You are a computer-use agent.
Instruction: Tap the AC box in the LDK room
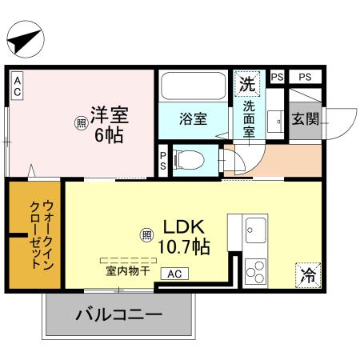point(174,273)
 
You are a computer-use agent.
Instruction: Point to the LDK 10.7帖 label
point(186,234)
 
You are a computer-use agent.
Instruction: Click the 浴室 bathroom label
point(194,120)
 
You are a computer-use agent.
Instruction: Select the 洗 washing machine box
point(249,82)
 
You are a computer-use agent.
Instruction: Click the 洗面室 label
point(250,118)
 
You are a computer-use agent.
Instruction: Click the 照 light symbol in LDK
point(147,234)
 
